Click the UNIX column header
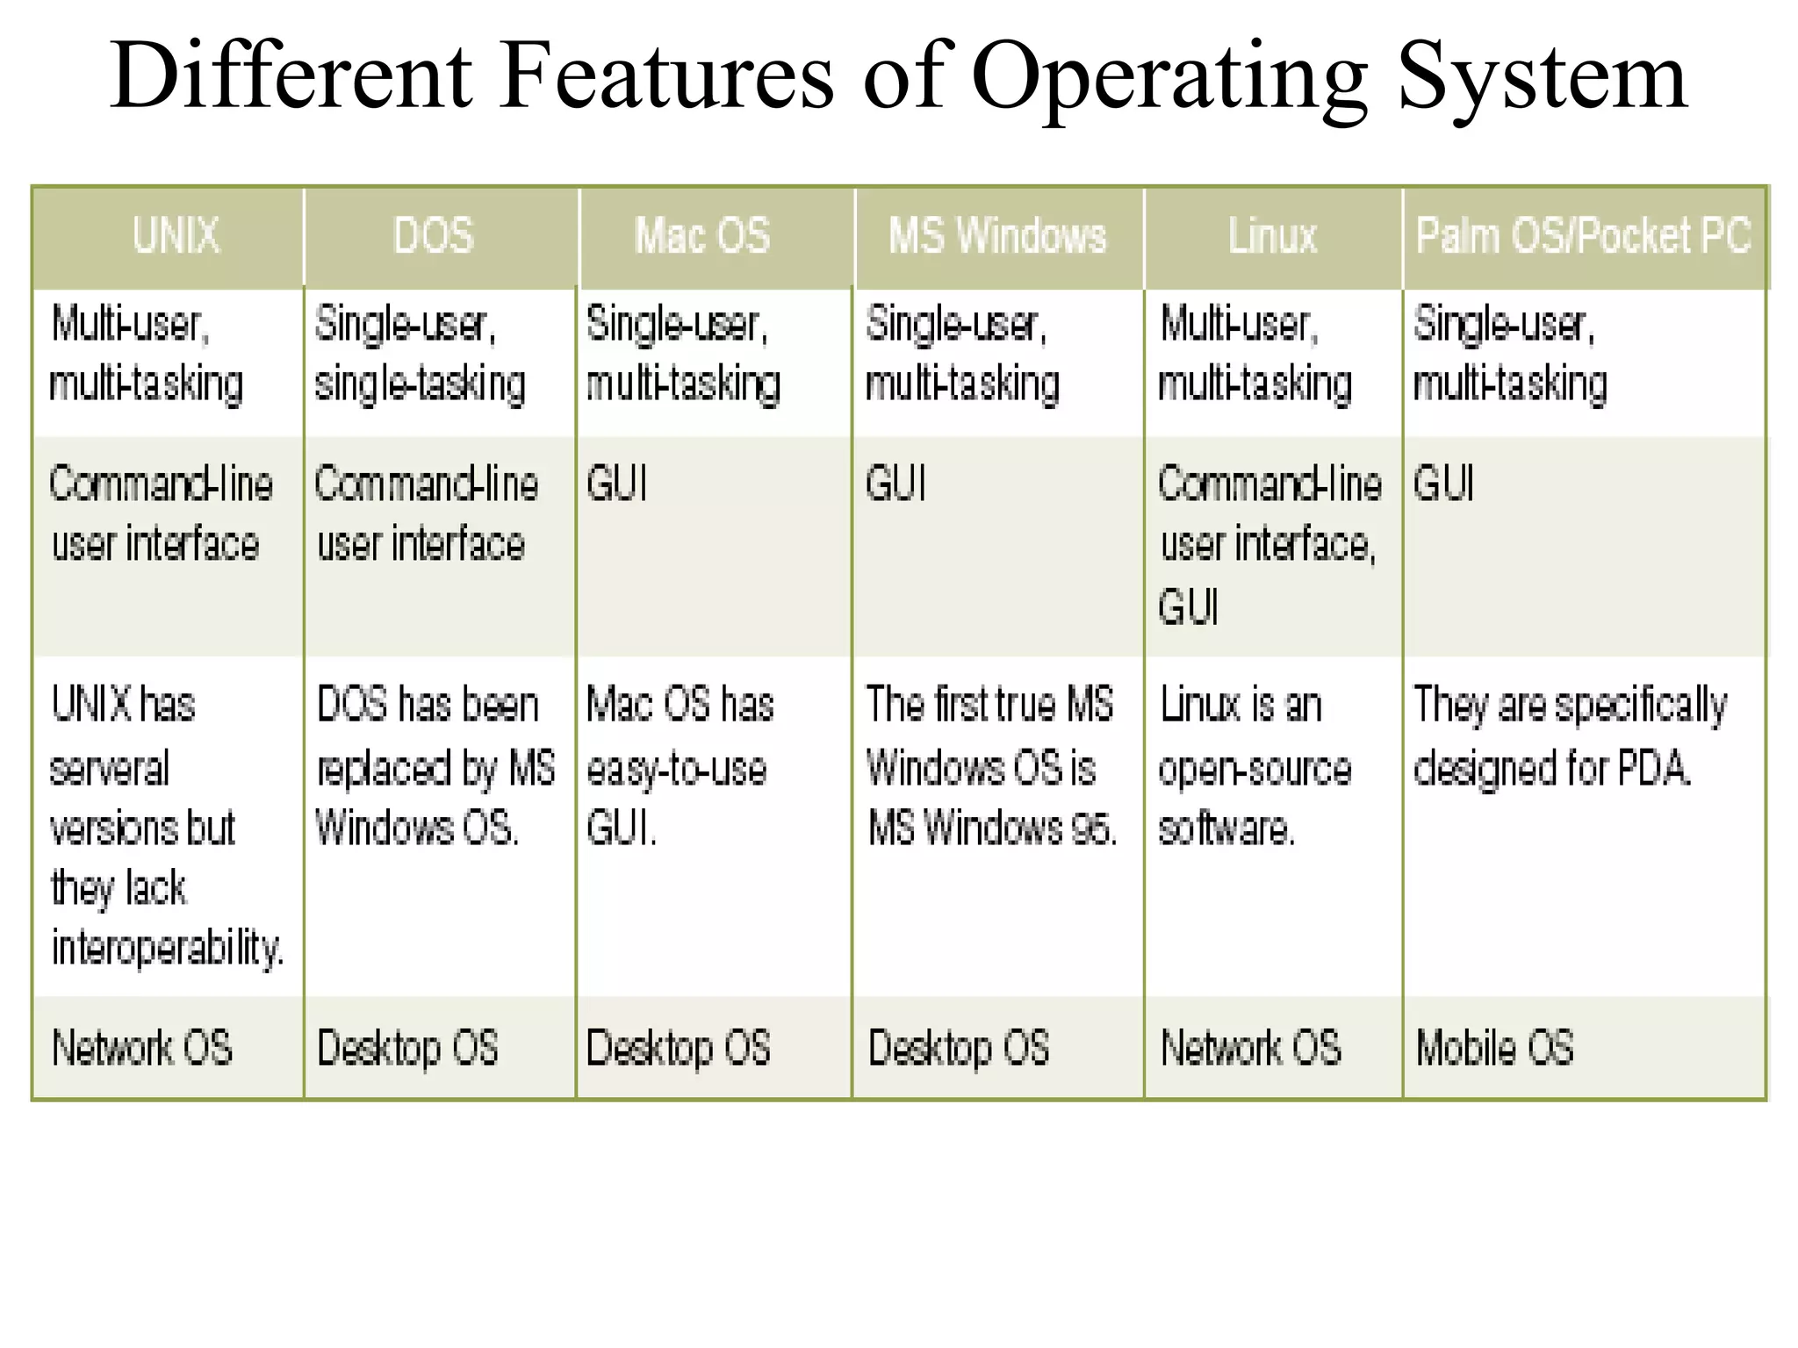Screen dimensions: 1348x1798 coord(176,236)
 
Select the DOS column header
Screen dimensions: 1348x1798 coord(434,236)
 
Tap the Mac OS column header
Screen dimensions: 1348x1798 coord(702,236)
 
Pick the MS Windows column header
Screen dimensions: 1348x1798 coord(997,236)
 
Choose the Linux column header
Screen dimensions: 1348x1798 coord(1272,236)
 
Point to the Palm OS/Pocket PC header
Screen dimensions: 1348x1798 coord(1583,236)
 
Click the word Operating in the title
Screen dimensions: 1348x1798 coord(1169,77)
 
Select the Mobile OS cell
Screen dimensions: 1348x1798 coord(1494,1048)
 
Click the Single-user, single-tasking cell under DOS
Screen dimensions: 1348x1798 coord(420,354)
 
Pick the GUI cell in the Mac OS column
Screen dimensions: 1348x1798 coord(616,484)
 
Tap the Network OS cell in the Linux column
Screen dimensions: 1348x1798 coord(1251,1048)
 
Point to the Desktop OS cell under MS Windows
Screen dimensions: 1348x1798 coord(959,1048)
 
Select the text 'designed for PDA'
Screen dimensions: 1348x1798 coord(1551,769)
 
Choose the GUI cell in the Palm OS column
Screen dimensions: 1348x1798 coord(1443,484)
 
